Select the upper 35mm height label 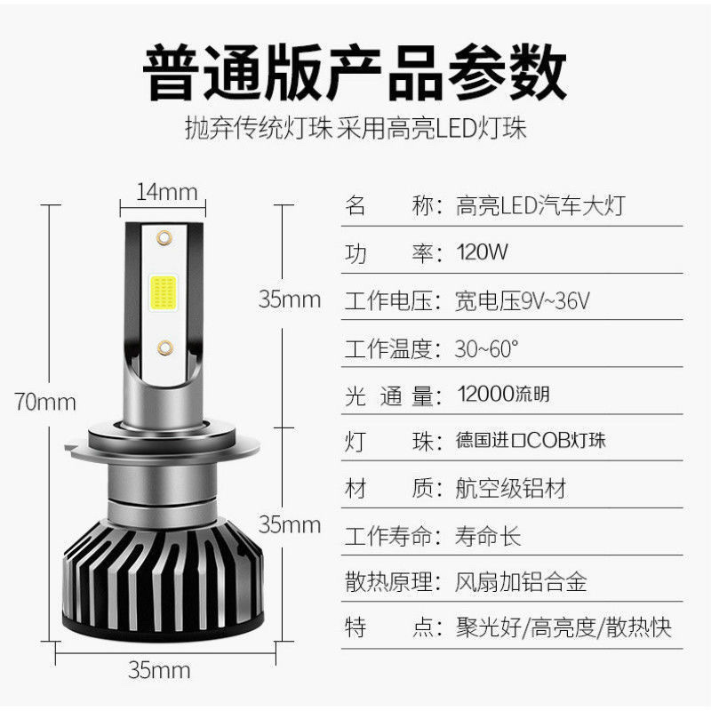(x=289, y=300)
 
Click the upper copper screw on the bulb (x=164, y=237)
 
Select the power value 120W (x=482, y=252)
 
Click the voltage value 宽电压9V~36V (x=523, y=300)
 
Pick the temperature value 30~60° (x=486, y=348)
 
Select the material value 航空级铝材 (x=510, y=489)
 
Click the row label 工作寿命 (x=388, y=537)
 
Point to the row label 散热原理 (x=388, y=583)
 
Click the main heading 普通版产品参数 (x=355, y=74)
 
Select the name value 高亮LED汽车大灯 (x=539, y=206)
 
